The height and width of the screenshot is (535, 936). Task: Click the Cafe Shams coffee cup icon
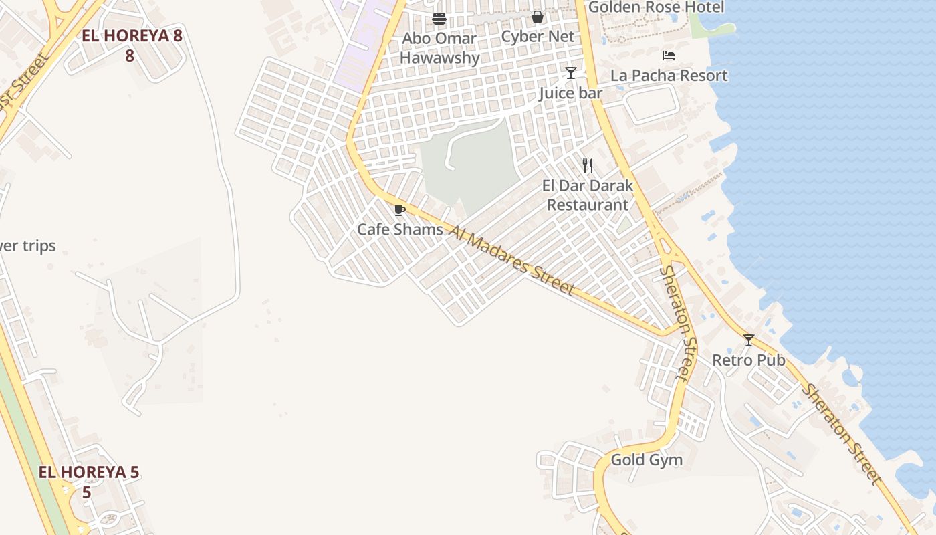pos(400,211)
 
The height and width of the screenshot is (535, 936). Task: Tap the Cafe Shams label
pos(400,229)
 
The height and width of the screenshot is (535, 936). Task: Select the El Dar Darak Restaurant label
pos(588,195)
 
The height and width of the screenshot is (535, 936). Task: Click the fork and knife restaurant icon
pos(588,165)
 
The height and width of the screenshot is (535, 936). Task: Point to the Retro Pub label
pos(748,360)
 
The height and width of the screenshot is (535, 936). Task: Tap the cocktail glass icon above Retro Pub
pos(749,340)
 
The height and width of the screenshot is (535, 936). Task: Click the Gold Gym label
pos(647,460)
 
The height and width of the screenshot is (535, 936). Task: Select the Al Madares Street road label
pos(511,260)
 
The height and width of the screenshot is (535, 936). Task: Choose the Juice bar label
pos(571,93)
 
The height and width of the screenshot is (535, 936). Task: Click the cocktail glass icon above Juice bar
pos(571,73)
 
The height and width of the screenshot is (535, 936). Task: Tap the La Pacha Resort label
pos(669,76)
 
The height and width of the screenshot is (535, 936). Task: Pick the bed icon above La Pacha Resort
pos(669,56)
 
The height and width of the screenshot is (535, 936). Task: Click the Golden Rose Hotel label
pos(656,7)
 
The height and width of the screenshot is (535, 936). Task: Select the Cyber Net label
pos(538,37)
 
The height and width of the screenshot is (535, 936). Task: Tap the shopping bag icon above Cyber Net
pos(538,17)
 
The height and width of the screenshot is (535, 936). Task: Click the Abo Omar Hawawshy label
pos(439,47)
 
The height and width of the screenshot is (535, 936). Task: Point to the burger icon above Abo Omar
pos(439,18)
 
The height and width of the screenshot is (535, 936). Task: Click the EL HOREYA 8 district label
pos(132,45)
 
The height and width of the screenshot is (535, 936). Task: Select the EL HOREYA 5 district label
pos(88,481)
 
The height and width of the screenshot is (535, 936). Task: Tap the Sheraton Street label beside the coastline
pos(842,433)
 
